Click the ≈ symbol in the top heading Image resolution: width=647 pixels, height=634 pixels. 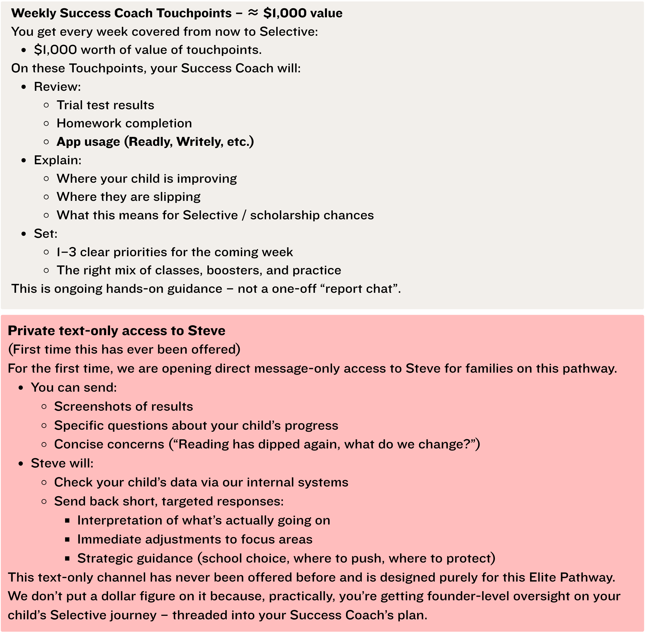click(x=253, y=13)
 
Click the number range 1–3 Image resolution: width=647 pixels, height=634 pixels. click(x=66, y=252)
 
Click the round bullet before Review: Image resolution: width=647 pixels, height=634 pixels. click(x=24, y=87)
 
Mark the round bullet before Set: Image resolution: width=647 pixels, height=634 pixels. click(x=24, y=234)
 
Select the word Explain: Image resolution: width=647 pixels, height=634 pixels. click(x=58, y=160)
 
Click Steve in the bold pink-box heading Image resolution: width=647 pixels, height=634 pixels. click(x=206, y=331)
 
